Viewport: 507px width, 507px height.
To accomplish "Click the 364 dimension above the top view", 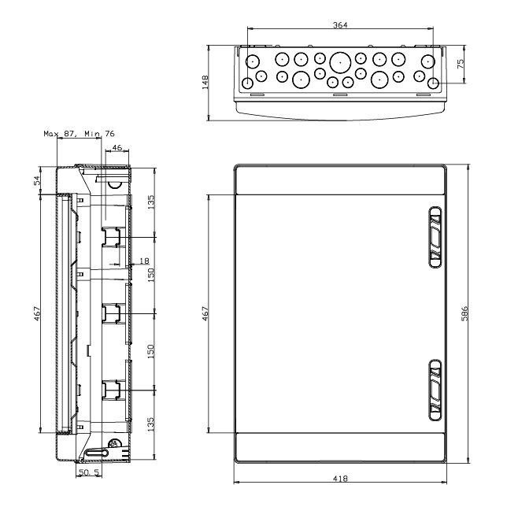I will click(x=339, y=25).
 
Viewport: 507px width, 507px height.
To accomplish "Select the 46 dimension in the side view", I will click(x=117, y=147).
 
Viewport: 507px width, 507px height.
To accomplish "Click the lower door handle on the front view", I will click(x=434, y=390).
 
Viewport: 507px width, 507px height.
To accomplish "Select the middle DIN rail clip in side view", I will click(x=109, y=313).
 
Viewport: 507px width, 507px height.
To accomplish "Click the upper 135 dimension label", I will click(x=152, y=200).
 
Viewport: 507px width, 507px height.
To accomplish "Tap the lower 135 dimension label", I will click(x=152, y=424).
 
